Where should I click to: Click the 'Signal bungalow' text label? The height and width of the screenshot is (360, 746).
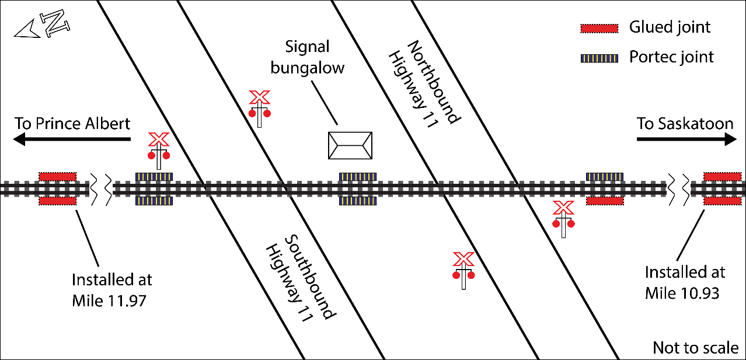308,57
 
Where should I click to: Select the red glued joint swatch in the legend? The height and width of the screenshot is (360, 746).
599,28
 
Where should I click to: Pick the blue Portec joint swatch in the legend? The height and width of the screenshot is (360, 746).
599,58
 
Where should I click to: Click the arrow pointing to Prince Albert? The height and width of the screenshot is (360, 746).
71,139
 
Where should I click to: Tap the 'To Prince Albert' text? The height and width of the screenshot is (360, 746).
72,124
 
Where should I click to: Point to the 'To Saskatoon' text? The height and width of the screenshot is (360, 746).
685,124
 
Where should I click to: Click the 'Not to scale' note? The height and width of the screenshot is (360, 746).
695,348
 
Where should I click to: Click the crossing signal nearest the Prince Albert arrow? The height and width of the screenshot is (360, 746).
158,151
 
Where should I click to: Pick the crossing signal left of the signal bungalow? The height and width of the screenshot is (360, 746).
259,108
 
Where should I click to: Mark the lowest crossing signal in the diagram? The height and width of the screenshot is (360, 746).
463,270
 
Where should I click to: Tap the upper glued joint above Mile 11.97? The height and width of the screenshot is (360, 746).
57,176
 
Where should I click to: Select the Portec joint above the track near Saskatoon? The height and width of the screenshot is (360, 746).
605,176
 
